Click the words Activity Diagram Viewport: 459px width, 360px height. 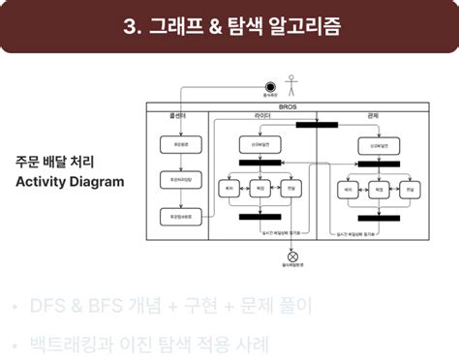70,181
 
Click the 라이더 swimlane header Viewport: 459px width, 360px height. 262,116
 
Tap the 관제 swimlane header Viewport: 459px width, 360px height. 373,116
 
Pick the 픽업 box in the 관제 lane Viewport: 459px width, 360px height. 379,191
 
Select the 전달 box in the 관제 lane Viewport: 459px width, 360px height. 408,191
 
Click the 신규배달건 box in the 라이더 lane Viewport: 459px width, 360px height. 259,145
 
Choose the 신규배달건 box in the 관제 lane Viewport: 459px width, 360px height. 379,145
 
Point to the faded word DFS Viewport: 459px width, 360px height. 48,307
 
